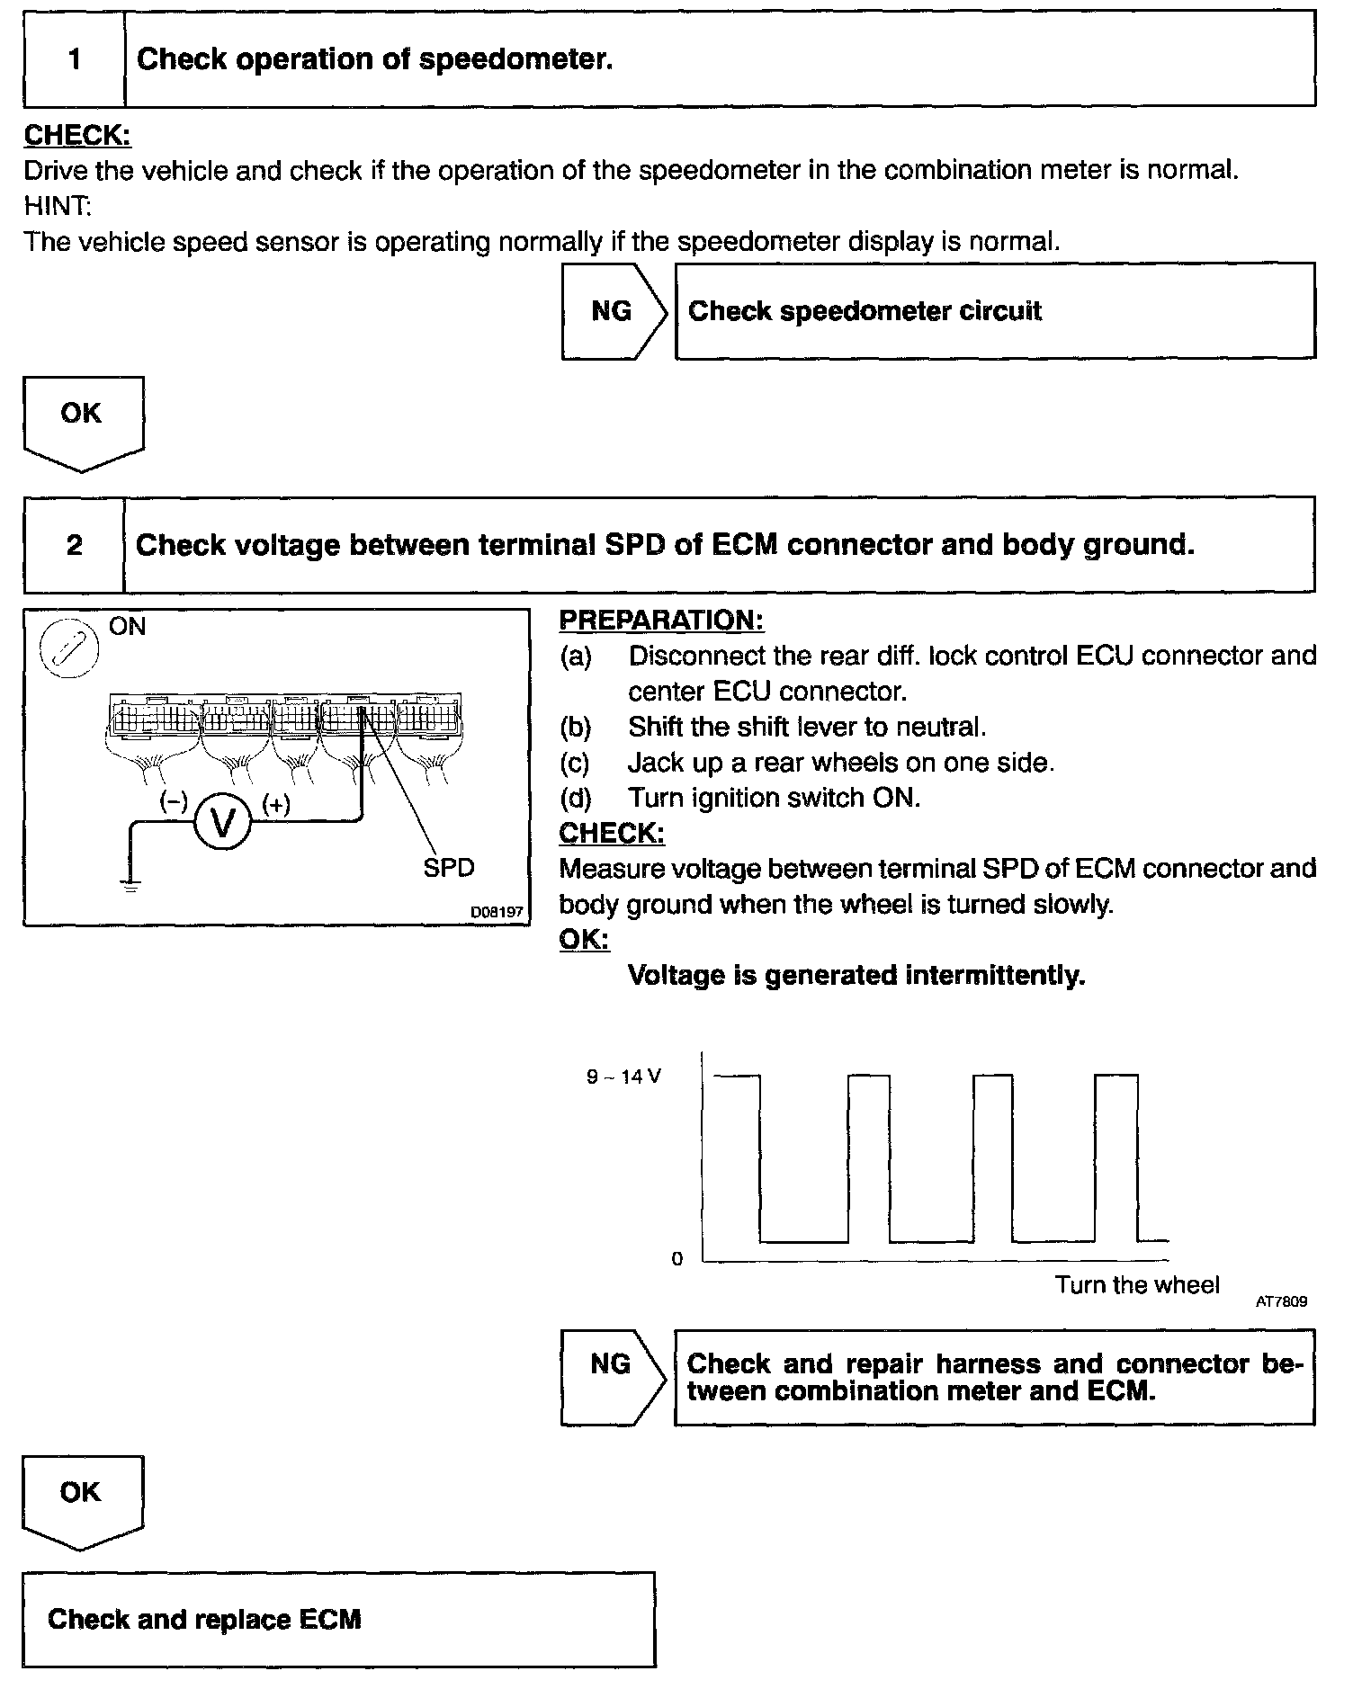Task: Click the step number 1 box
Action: [75, 59]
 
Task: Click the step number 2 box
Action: [75, 545]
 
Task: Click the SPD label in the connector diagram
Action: [448, 868]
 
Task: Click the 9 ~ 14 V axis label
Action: [623, 1077]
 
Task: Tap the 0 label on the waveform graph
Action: [677, 1259]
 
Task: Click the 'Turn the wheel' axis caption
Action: [1137, 1284]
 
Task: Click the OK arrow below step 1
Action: [82, 421]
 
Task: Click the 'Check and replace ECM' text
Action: [204, 1620]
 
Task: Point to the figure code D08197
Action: [497, 912]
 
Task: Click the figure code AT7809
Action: [1282, 1301]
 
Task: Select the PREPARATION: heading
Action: [661, 620]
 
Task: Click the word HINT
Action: [57, 206]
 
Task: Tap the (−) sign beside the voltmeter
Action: [173, 801]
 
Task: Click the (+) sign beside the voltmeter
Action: [275, 804]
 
